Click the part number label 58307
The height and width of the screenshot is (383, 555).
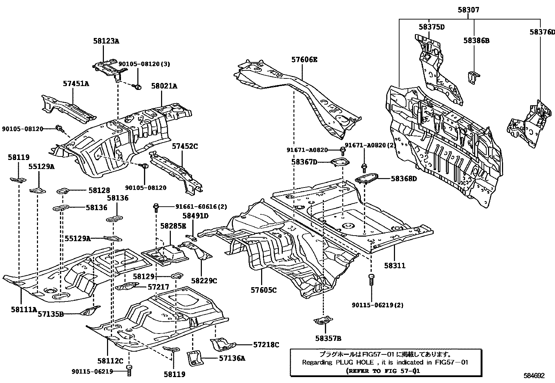[x=468, y=10]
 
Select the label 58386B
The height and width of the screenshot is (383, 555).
[x=476, y=41]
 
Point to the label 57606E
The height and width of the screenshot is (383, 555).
[x=304, y=60]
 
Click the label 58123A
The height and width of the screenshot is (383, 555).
[x=106, y=41]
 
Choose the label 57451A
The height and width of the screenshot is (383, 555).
[x=76, y=84]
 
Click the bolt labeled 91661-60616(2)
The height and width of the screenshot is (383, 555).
[x=156, y=208]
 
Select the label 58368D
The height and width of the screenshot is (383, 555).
[x=404, y=178]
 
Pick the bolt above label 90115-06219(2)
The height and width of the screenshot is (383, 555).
[x=371, y=279]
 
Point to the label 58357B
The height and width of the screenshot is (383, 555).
[x=328, y=338]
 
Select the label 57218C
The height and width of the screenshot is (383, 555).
[x=266, y=345]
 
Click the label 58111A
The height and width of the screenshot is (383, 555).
[x=23, y=309]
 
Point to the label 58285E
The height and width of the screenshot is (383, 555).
[x=173, y=226]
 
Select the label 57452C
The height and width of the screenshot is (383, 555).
[x=184, y=146]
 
